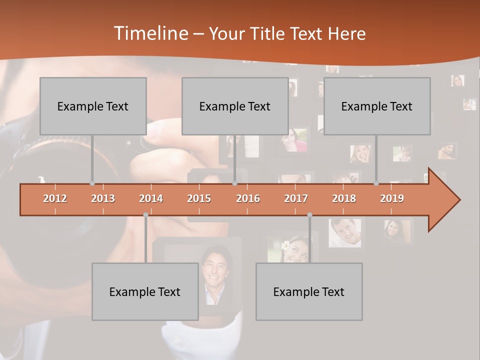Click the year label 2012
55,198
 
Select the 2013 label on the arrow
103,198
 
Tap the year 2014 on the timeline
151,198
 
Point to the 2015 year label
199,198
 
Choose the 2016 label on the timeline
248,198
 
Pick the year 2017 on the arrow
296,198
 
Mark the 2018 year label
344,198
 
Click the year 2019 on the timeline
392,198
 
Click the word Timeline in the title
150,33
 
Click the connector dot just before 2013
92,183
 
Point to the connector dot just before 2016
234,183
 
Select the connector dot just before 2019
376,183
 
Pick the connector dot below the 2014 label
145,214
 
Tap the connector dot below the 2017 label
309,214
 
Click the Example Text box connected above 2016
234,106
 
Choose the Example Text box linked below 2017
309,291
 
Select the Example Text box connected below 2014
145,291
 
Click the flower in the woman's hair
285,245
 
